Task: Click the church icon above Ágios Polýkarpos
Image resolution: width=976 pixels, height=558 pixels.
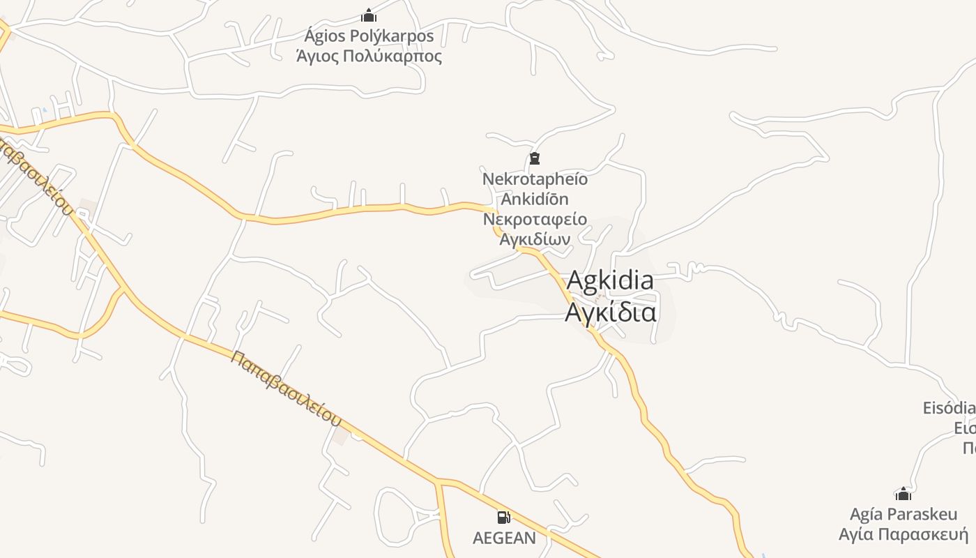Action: [x=369, y=15]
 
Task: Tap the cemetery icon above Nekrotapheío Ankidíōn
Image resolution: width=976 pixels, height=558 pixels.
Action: [x=535, y=158]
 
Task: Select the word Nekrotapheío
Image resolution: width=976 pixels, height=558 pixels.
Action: [x=535, y=179]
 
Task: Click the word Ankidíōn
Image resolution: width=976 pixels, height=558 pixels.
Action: [x=535, y=199]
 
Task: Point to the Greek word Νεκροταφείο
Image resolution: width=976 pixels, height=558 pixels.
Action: [x=535, y=219]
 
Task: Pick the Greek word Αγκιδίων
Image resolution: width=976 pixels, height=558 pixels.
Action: [x=535, y=239]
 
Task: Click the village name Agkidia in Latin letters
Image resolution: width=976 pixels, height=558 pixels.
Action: [x=610, y=280]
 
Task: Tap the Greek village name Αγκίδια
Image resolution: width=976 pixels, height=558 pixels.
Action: [x=610, y=312]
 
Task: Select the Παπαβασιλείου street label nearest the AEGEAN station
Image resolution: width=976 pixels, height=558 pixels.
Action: [x=286, y=389]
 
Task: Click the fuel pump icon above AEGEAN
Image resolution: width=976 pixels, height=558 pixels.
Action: [x=503, y=518]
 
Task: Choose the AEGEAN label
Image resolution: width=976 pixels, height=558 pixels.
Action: [x=504, y=538]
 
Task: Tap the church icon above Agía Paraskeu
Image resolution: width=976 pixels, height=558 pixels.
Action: [x=903, y=495]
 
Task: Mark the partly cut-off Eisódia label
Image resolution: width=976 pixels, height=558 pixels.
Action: [x=949, y=408]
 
